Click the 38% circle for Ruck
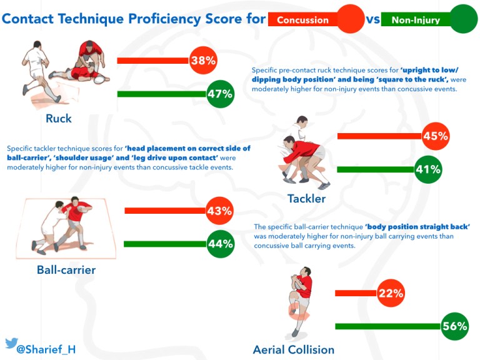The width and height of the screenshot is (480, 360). tap(203, 61)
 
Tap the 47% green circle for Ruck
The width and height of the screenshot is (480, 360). tap(220, 95)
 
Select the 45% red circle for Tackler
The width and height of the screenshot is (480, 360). tap(436, 136)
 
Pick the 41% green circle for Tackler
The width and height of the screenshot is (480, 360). tap(428, 169)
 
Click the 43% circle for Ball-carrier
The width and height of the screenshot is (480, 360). tap(219, 211)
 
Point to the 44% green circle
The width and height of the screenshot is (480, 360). tap(220, 244)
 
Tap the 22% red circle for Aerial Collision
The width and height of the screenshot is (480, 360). tap(391, 292)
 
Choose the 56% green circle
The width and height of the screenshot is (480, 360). tap(454, 326)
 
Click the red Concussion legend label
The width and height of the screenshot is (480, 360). tap(302, 20)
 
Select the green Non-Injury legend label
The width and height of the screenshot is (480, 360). tap(415, 20)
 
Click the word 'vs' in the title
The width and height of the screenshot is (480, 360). tap(373, 19)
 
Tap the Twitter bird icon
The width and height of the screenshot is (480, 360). tap(11, 343)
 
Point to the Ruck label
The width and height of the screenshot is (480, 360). tap(58, 118)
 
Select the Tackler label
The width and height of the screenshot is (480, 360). tap(306, 199)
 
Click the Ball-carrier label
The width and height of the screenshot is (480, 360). tap(66, 270)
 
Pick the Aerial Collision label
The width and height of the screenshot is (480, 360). tap(293, 349)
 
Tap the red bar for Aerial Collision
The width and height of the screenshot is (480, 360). tap(356, 292)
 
